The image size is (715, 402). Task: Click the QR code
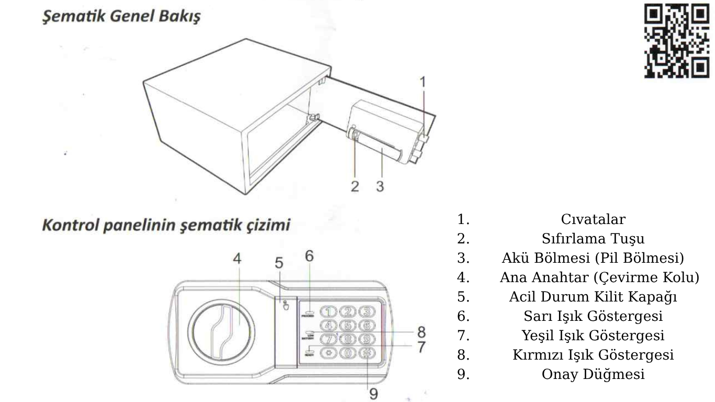click(676, 41)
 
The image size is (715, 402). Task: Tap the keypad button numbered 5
click(348, 326)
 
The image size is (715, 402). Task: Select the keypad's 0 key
click(348, 352)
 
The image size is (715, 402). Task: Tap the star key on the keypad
click(329, 352)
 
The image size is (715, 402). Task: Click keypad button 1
click(329, 312)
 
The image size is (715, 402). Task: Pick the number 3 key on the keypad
click(367, 312)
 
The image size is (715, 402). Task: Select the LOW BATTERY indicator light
click(308, 332)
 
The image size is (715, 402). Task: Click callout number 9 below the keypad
click(374, 394)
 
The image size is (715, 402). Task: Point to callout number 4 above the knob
click(237, 259)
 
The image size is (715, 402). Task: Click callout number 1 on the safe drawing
click(423, 82)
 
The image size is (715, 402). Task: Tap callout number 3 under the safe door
click(380, 186)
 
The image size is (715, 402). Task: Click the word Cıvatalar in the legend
click(593, 219)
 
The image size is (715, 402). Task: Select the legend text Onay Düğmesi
click(593, 374)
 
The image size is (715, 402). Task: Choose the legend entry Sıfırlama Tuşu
click(593, 239)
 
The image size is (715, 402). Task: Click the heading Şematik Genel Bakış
click(121, 16)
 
